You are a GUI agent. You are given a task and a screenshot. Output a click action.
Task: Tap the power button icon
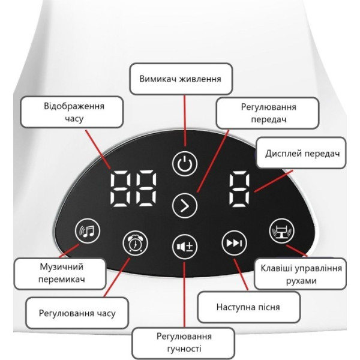pos(184,163)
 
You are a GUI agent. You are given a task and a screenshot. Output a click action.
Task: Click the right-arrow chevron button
pos(184,206)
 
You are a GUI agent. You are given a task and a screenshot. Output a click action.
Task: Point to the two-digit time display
pos(136,187)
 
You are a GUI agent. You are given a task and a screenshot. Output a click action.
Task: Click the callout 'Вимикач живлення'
pos(180,79)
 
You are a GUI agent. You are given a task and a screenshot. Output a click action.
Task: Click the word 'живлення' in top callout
pos(201,79)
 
